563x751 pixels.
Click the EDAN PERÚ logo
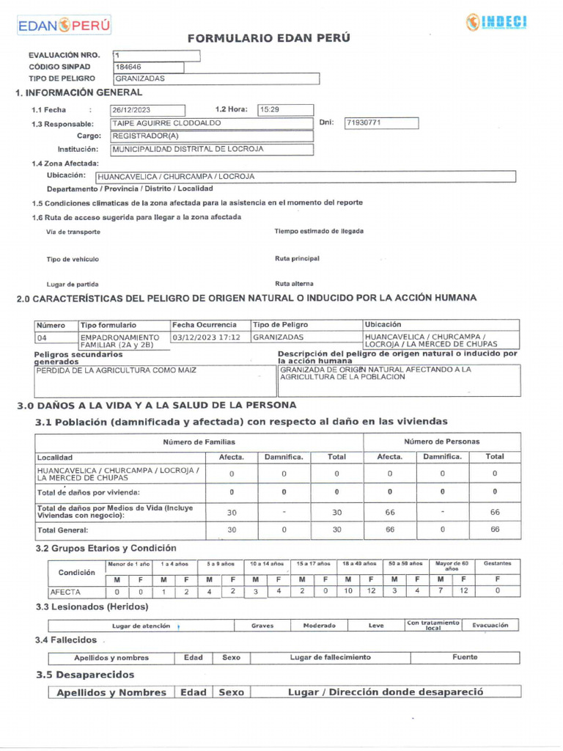[x=64, y=26]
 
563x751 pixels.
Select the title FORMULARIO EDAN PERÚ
[x=269, y=38]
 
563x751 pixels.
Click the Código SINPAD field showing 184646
[x=148, y=67]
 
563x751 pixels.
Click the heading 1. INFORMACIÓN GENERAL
[x=79, y=92]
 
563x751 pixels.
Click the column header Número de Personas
[x=442, y=442]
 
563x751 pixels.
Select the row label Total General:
[x=63, y=530]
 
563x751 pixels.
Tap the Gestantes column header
[x=498, y=563]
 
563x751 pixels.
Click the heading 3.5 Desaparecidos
[x=85, y=675]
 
